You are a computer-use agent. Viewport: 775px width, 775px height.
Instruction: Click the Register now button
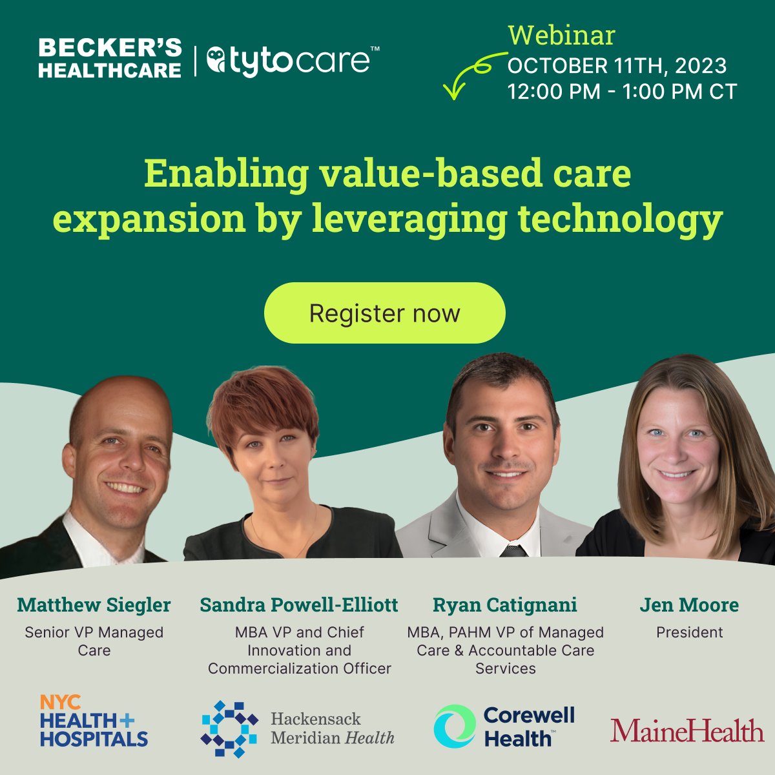(x=384, y=313)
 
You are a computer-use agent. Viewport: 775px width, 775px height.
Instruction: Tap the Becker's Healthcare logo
(x=110, y=58)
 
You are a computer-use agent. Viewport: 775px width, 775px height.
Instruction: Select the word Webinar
(x=561, y=35)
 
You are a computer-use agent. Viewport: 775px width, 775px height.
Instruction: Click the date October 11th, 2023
(x=617, y=65)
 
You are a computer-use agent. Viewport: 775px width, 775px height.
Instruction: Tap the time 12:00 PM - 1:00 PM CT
(x=622, y=92)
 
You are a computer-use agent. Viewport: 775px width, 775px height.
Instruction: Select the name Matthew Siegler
(x=94, y=605)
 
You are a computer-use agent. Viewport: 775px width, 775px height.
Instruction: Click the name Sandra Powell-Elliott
(x=299, y=605)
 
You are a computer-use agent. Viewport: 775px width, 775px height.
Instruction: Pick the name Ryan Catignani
(x=505, y=605)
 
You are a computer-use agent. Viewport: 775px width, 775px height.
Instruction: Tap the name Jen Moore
(x=689, y=605)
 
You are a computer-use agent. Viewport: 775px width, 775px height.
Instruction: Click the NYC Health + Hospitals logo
(x=94, y=721)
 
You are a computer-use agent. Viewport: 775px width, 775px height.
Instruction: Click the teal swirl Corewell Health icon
(x=454, y=725)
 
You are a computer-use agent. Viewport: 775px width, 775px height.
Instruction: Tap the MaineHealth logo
(x=687, y=730)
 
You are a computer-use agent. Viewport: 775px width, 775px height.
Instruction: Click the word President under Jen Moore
(x=689, y=632)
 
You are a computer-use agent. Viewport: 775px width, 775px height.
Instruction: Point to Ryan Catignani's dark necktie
(x=513, y=551)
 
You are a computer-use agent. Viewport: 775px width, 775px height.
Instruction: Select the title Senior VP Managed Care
(x=94, y=641)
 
